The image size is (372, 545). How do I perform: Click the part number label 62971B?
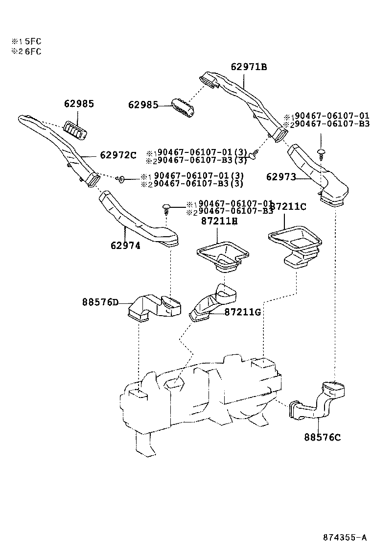click(x=249, y=67)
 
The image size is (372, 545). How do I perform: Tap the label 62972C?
click(x=118, y=155)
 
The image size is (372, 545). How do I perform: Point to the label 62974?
click(x=125, y=246)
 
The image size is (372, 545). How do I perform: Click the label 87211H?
click(x=219, y=221)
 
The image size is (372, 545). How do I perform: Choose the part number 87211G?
click(x=243, y=312)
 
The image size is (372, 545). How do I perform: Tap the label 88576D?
click(x=100, y=302)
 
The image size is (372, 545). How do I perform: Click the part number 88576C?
click(x=322, y=437)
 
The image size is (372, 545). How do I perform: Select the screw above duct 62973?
click(x=321, y=153)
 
